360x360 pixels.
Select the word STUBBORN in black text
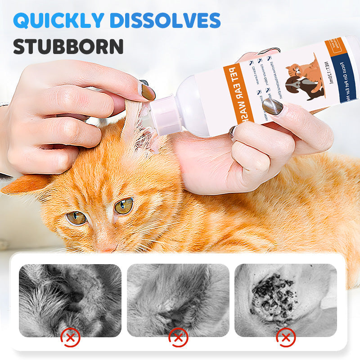click(x=68, y=46)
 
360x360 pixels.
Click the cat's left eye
click(x=76, y=218)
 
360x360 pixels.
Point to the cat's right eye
click(x=124, y=206)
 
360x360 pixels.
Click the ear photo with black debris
click(x=286, y=300)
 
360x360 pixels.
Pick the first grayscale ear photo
click(x=70, y=300)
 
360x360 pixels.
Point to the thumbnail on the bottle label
click(x=273, y=107)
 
